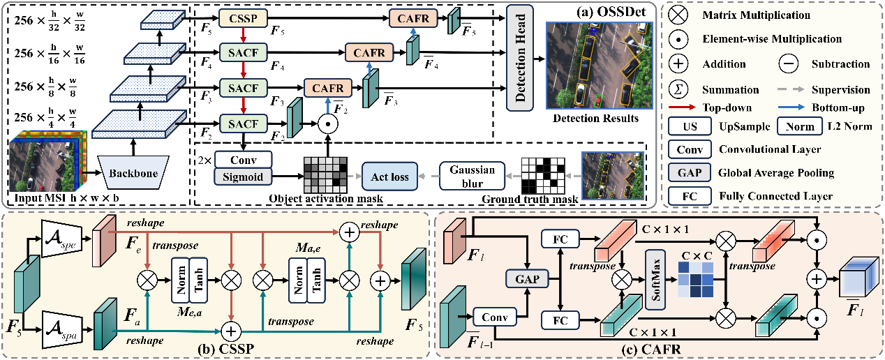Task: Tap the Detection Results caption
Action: coord(595,119)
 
